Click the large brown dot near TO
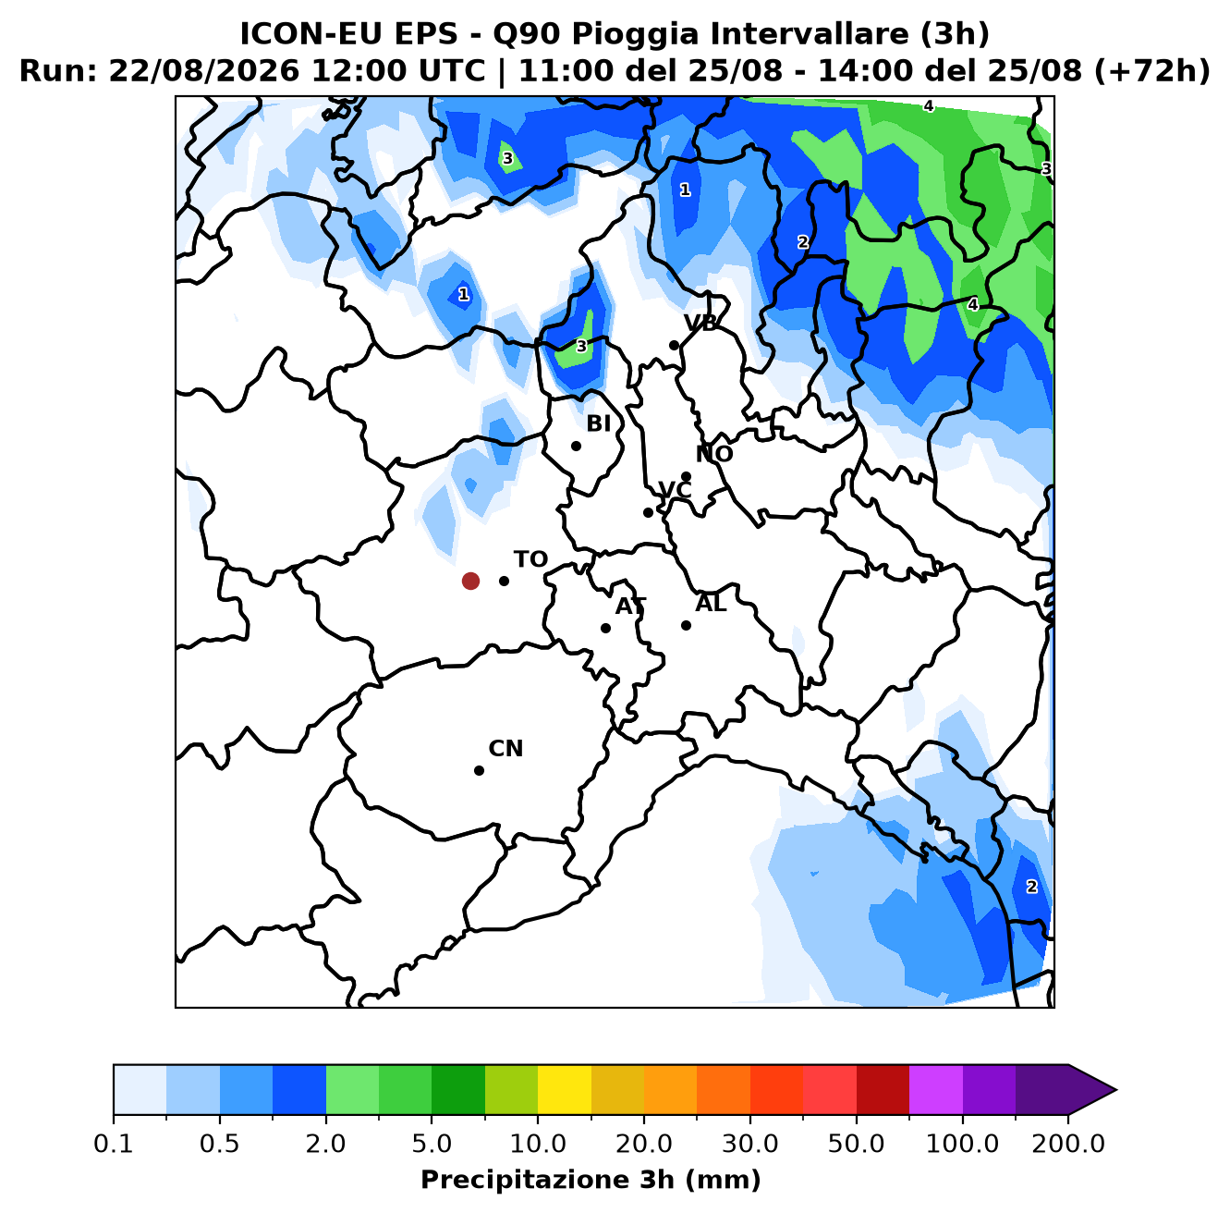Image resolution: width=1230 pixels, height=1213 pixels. tap(470, 581)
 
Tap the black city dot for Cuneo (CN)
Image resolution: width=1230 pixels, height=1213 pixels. tap(479, 770)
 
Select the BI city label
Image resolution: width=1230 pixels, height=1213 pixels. tap(598, 423)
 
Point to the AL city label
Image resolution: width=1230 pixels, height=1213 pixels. tap(711, 603)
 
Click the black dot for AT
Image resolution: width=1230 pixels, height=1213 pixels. tap(605, 628)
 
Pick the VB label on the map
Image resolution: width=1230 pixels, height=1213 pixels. tap(700, 323)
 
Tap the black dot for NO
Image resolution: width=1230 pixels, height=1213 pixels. tap(686, 476)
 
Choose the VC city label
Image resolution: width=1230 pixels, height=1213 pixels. tap(675, 490)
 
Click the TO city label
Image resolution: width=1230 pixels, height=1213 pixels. tap(531, 559)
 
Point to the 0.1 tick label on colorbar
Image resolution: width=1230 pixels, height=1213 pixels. tap(113, 1144)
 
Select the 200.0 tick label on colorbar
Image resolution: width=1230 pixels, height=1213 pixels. tap(1068, 1144)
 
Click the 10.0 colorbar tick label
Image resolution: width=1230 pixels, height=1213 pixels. tap(538, 1144)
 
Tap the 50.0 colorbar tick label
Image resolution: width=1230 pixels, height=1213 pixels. tap(856, 1144)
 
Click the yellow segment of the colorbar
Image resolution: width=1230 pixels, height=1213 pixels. tap(565, 1090)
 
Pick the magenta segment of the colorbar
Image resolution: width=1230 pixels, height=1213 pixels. tap(936, 1090)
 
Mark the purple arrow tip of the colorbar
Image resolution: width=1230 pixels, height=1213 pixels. tap(1116, 1090)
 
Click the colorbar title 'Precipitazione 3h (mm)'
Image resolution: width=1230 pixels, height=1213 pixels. tap(591, 1179)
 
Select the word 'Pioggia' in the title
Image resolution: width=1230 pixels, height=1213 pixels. tap(640, 34)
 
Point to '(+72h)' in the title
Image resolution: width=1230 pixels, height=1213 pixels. tap(1151, 70)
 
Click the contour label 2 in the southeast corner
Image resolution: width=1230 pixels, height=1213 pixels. tap(1031, 887)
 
